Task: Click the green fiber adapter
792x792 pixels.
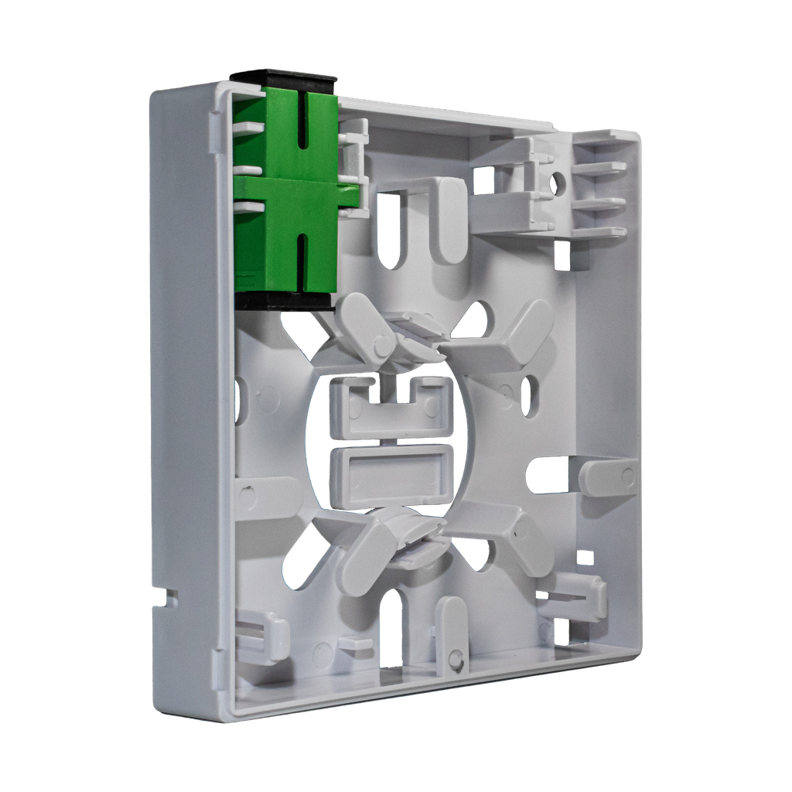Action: click(x=290, y=193)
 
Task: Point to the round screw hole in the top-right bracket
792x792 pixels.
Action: click(x=558, y=183)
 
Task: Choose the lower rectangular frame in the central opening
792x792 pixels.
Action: click(x=391, y=473)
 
